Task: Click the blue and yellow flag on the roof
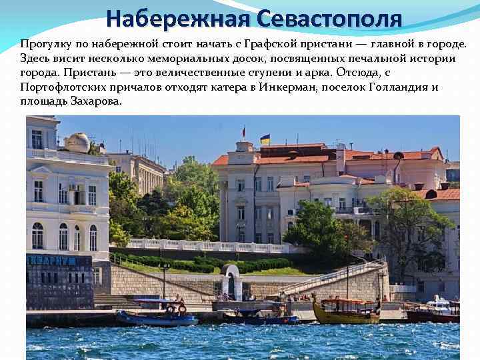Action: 265,139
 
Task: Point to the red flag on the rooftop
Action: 244,131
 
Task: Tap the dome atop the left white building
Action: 77,142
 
